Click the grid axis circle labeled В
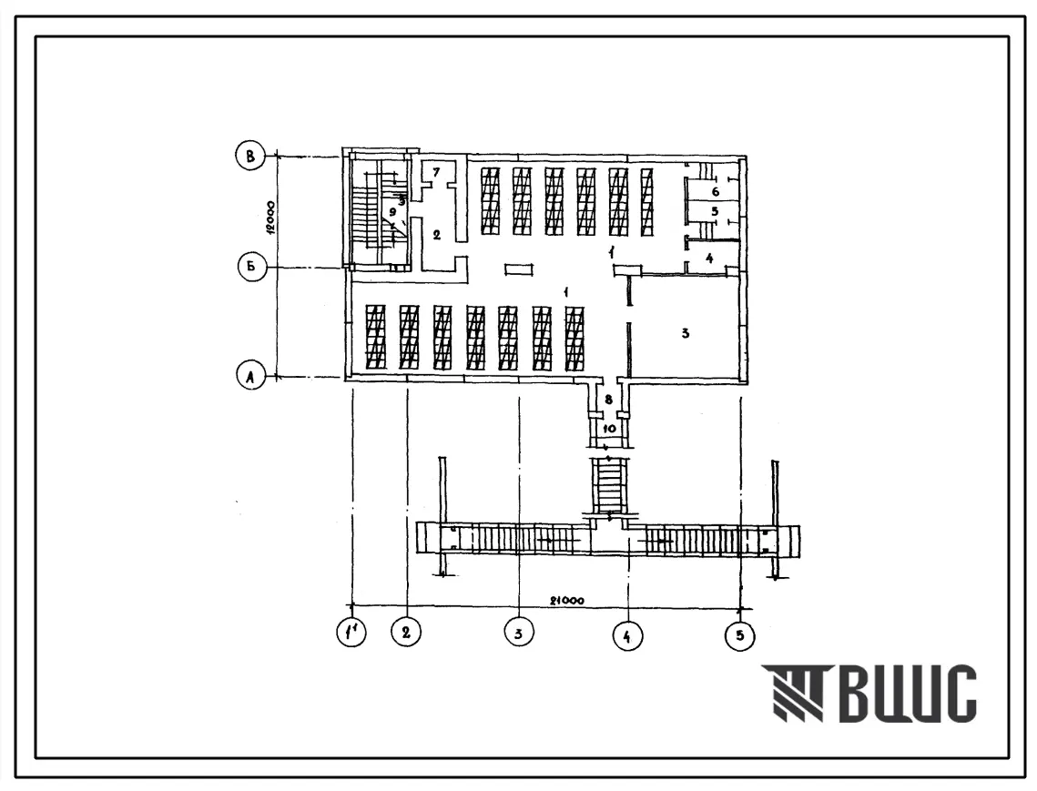pos(250,157)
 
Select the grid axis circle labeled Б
pos(251,268)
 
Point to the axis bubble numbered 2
pos(406,632)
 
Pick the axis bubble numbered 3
pos(519,633)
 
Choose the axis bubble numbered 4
pos(627,635)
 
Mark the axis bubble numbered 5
pos(739,635)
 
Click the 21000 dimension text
pos(567,601)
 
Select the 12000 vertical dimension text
pos(269,217)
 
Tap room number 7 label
pos(436,173)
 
